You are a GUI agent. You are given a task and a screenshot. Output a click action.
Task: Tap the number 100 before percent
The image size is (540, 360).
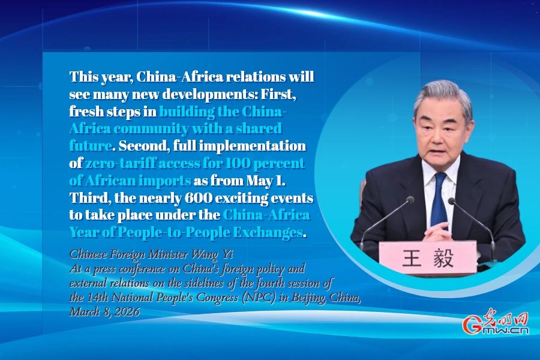click(x=237, y=163)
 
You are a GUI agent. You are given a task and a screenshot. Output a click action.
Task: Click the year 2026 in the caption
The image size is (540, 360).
click(x=127, y=311)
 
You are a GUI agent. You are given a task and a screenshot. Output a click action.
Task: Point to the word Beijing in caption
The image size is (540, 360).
click(x=309, y=298)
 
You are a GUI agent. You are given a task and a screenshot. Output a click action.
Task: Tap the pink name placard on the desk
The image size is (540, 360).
click(x=428, y=257)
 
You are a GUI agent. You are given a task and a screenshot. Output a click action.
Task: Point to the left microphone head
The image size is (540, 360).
click(x=410, y=199)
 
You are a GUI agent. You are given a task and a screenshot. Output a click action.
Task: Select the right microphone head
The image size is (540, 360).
click(x=452, y=201)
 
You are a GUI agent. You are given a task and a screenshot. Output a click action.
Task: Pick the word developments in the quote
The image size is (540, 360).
click(x=209, y=94)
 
